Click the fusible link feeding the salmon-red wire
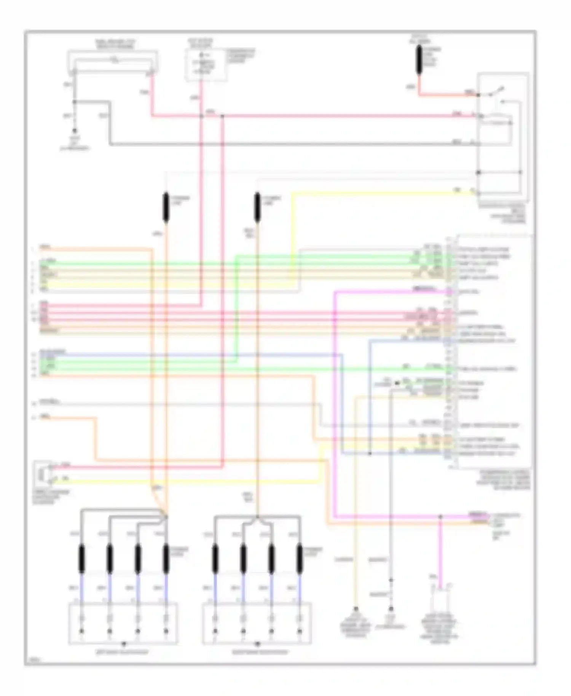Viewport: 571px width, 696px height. pyautogui.click(x=419, y=60)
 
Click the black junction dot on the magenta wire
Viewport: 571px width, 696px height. pyautogui.click(x=440, y=517)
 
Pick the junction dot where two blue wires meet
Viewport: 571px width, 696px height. pyautogui.click(x=370, y=453)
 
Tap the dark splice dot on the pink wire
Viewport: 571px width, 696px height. pyautogui.click(x=222, y=115)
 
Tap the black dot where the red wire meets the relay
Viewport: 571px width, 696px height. pyautogui.click(x=478, y=94)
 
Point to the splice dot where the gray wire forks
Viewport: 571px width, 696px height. pyautogui.click(x=75, y=102)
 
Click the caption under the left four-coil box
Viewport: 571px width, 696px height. pyautogui.click(x=122, y=652)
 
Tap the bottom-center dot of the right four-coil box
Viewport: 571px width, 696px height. pyautogui.click(x=257, y=643)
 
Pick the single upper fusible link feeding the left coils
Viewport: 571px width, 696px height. pyautogui.click(x=166, y=207)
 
